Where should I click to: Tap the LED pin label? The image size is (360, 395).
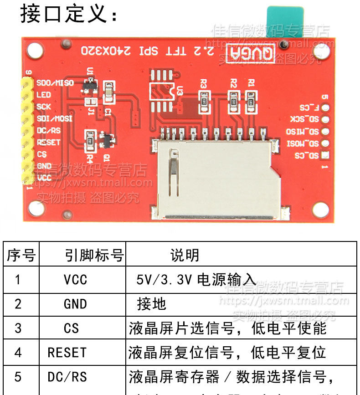coord(44,95)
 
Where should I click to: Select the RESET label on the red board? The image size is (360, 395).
coord(48,142)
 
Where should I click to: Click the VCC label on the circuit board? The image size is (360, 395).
coord(44,177)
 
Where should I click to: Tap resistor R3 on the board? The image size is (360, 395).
coord(205,98)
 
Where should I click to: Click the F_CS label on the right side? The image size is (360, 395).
coord(309,108)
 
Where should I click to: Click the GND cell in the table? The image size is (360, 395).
coord(75,304)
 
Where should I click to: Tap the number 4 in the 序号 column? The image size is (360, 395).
coord(18,353)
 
